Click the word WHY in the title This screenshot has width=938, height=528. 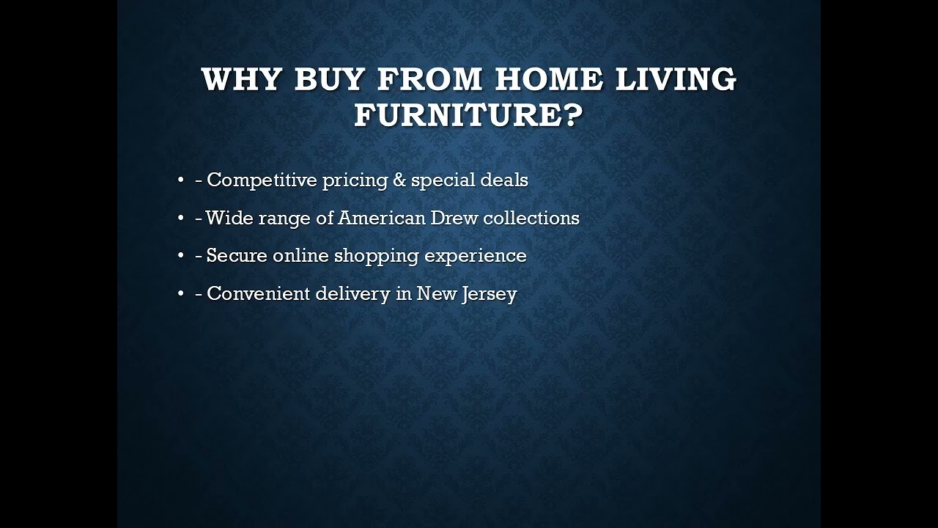(240, 79)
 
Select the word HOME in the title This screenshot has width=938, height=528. (549, 79)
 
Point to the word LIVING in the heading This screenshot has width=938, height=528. (676, 79)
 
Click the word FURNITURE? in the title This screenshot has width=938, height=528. (469, 115)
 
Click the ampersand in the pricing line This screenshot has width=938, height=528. (399, 180)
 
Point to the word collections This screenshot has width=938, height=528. (531, 219)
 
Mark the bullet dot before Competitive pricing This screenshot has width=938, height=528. (180, 180)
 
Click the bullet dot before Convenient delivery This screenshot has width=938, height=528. (180, 294)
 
